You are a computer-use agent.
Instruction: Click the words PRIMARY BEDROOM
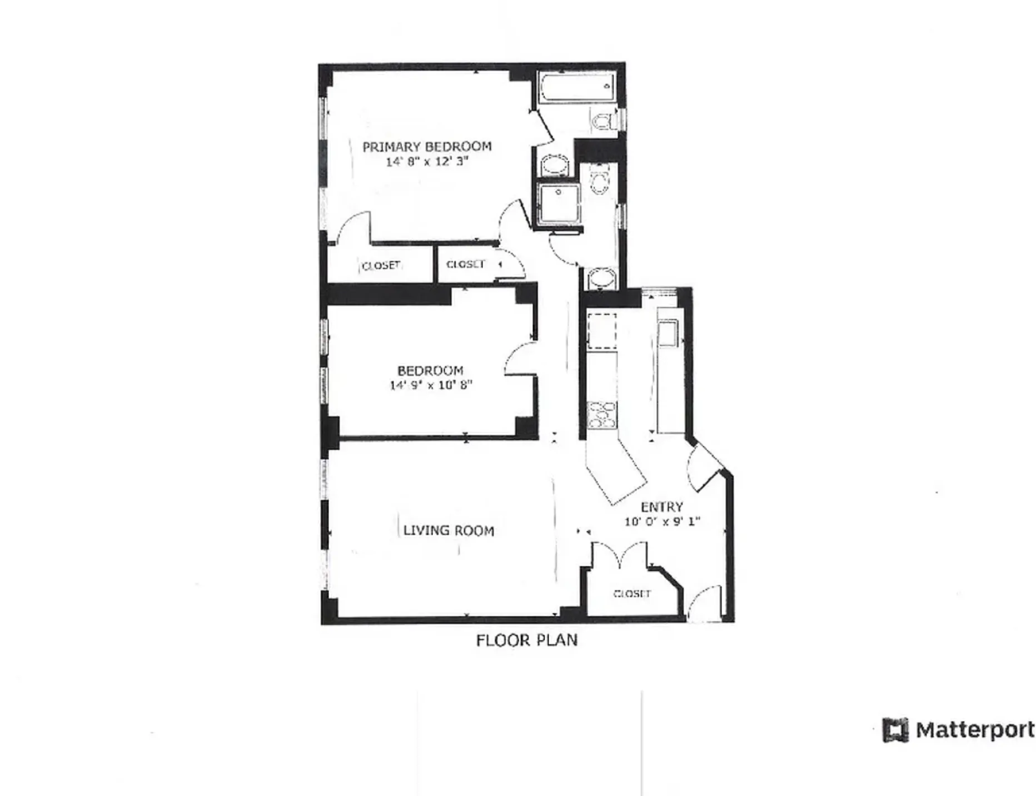pos(427,147)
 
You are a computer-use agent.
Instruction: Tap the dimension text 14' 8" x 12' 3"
pos(427,162)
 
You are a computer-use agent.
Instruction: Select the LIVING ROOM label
pos(449,531)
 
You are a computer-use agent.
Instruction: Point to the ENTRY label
pos(661,507)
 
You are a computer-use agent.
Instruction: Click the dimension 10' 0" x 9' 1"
pos(661,522)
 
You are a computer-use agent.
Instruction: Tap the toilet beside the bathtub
pos(604,121)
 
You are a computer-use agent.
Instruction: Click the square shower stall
pos(559,204)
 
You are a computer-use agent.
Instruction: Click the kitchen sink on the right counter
pos(666,333)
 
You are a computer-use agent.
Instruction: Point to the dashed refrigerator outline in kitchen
pos(602,331)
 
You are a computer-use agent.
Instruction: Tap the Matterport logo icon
pos(895,730)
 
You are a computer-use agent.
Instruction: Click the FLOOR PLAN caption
pos(526,640)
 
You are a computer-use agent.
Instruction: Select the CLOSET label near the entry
pos(632,594)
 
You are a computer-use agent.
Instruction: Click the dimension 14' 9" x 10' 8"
pos(431,385)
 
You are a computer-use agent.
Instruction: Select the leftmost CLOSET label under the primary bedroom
pos(381,266)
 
